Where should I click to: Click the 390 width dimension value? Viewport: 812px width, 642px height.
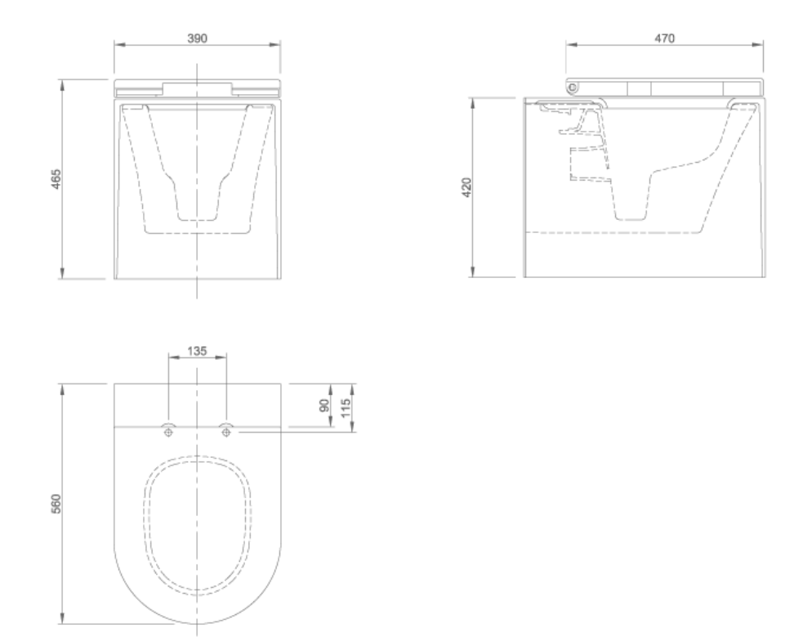(x=198, y=38)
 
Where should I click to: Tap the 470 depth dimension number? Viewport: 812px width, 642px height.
(x=663, y=38)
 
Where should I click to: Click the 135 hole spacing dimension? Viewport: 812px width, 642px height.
(x=197, y=350)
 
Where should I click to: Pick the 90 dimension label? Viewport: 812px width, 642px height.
(x=323, y=406)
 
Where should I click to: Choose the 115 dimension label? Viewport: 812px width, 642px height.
(x=346, y=406)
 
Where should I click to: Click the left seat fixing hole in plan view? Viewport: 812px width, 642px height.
(x=168, y=431)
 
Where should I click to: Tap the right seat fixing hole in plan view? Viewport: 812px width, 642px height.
(x=226, y=431)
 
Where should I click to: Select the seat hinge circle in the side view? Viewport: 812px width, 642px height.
(x=573, y=87)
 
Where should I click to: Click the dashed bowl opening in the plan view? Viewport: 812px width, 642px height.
(x=198, y=523)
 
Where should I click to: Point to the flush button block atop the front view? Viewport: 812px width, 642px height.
(x=198, y=88)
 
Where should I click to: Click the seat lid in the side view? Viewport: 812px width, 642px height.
(x=670, y=88)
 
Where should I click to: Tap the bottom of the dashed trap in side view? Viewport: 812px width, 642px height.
(x=631, y=218)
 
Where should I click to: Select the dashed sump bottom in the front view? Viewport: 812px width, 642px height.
(x=198, y=219)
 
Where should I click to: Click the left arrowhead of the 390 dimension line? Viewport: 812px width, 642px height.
(x=117, y=47)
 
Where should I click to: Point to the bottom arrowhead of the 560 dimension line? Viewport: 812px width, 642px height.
(x=64, y=622)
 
